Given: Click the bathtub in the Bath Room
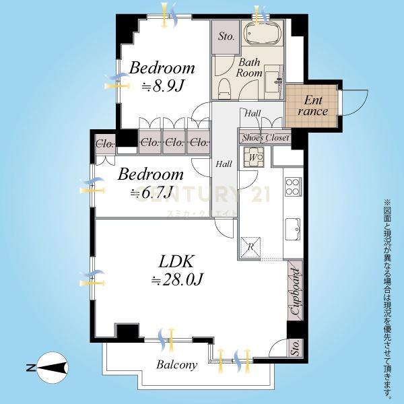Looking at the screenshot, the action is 262,32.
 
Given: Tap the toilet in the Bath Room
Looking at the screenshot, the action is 225,89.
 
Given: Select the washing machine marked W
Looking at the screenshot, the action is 254,157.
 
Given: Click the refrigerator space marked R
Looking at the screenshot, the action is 250,247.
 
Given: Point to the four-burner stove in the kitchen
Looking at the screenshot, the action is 293,187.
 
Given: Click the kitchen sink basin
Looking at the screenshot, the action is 293,229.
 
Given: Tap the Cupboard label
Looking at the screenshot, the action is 296,292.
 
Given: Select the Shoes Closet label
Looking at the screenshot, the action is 266,138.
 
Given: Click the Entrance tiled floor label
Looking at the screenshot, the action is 312,106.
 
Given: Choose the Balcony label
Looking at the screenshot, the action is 176,365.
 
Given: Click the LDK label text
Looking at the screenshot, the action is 176,261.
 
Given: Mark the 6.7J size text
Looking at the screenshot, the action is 151,193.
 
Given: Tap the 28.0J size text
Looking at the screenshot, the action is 177,279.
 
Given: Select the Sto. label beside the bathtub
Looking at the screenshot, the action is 226,36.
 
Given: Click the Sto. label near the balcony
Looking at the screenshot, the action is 296,347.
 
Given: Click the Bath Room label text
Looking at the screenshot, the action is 249,67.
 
